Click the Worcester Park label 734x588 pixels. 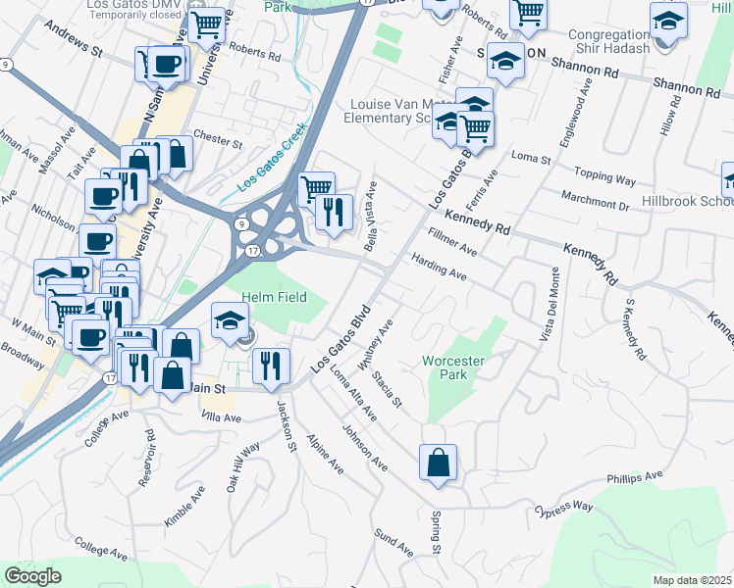[452, 367]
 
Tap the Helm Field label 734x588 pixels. [274, 297]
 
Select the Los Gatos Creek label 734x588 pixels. [272, 157]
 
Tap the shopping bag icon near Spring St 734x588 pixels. [438, 462]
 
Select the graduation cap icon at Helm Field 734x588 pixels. [230, 320]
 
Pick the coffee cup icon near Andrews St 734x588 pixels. [166, 65]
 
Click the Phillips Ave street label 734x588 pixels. [635, 477]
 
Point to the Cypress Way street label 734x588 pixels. [564, 510]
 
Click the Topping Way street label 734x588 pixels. [605, 180]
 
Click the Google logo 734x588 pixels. [32, 575]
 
